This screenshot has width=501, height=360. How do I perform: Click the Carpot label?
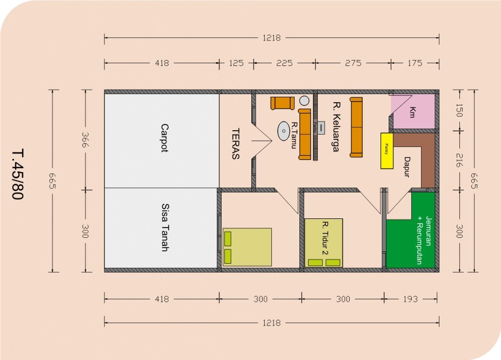(164, 138)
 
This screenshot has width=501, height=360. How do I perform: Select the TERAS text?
(236, 144)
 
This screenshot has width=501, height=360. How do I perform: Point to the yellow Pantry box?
(386, 151)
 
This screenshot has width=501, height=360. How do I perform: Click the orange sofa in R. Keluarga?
(356, 128)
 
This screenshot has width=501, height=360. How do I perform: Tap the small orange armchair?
(283, 103)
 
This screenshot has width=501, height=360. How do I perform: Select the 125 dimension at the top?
(236, 63)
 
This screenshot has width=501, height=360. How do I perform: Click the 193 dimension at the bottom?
(411, 299)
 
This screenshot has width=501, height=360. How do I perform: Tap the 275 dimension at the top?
(352, 63)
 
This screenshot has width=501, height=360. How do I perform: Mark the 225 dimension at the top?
(284, 63)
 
